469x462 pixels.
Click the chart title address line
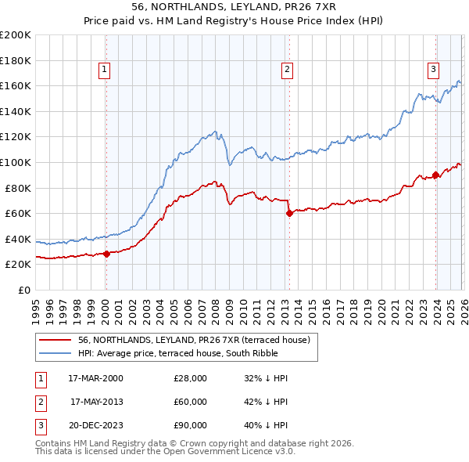[234, 7]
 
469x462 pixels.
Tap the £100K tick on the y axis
[16, 162]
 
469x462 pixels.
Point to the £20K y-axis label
[18, 265]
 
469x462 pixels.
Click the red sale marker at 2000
[106, 254]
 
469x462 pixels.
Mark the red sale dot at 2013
[288, 213]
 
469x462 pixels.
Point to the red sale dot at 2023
[435, 175]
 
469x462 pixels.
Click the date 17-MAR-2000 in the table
[95, 378]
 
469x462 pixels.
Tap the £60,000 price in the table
[191, 402]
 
